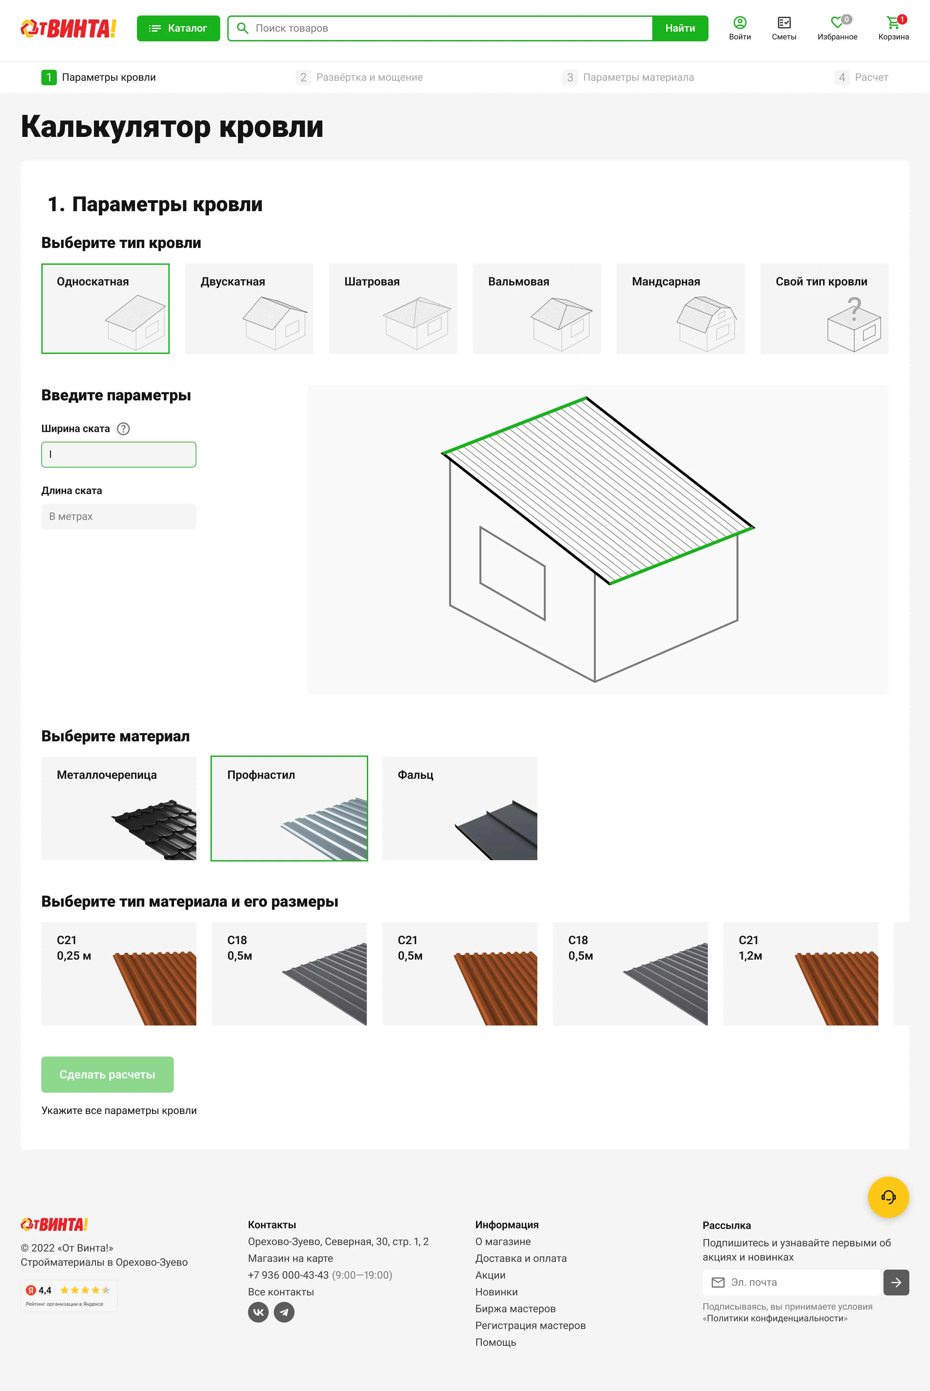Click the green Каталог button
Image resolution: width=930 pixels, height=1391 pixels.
pyautogui.click(x=178, y=28)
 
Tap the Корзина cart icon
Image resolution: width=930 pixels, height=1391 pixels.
pyautogui.click(x=893, y=23)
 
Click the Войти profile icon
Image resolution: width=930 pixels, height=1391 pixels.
pyautogui.click(x=739, y=23)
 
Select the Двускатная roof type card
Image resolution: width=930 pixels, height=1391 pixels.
pyautogui.click(x=249, y=308)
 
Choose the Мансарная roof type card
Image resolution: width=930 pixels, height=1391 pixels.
pyautogui.click(x=680, y=308)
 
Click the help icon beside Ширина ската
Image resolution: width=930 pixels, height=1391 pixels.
pyautogui.click(x=123, y=429)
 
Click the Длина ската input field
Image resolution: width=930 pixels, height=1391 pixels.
pyautogui.click(x=119, y=516)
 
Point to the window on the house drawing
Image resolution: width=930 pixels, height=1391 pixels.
pyautogui.click(x=512, y=573)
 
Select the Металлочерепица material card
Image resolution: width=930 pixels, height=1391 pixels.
pyautogui.click(x=119, y=808)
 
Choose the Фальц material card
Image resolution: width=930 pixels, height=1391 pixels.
pyautogui.click(x=460, y=808)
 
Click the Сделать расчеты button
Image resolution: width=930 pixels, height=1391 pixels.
pyautogui.click(x=107, y=1074)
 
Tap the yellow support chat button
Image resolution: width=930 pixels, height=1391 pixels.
pyautogui.click(x=888, y=1197)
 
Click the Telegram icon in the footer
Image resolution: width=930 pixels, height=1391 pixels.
pyautogui.click(x=284, y=1312)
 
